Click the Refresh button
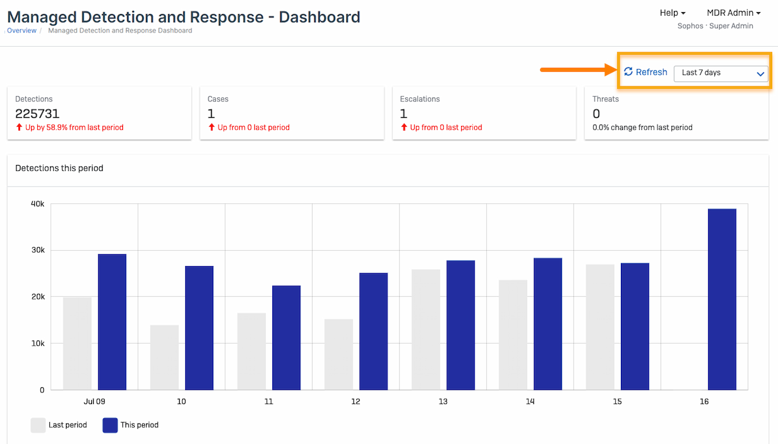646,72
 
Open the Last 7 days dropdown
721,73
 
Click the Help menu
672,13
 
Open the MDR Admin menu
733,13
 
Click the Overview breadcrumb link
22,30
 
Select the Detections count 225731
37,113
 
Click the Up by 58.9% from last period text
74,127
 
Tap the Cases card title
218,99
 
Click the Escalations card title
419,99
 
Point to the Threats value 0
596,113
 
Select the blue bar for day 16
722,299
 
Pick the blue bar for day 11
286,337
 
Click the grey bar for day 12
339,354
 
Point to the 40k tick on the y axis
37,204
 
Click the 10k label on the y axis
38,343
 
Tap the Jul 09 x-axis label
94,401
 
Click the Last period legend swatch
38,425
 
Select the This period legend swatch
110,425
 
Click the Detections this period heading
59,168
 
